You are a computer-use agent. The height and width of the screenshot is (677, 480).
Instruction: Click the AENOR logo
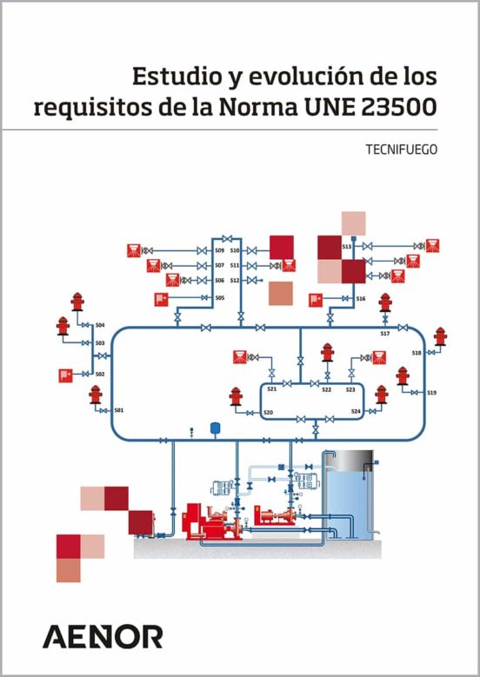103,636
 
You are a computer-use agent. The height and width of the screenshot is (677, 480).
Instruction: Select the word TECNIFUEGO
402,149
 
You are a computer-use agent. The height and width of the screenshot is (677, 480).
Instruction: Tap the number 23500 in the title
398,107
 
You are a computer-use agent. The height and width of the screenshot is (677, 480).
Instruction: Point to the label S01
119,410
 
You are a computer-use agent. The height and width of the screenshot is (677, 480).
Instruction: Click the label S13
346,247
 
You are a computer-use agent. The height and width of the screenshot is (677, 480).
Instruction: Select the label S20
269,413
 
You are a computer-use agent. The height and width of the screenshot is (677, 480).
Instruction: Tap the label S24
356,411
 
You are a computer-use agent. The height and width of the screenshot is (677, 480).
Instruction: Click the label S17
385,334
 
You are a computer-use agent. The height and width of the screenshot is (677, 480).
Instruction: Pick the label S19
431,393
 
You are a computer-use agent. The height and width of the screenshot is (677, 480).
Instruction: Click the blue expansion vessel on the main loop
215,428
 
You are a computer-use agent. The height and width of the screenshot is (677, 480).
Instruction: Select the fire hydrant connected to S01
96,395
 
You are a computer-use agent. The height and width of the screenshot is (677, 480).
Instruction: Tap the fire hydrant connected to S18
440,336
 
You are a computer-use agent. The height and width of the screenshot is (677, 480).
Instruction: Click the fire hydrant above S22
328,352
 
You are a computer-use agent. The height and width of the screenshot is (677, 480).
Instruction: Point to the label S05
220,297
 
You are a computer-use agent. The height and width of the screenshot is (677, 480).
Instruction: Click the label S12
235,280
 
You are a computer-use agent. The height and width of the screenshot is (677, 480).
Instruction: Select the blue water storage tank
349,495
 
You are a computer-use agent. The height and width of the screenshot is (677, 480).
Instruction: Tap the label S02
100,374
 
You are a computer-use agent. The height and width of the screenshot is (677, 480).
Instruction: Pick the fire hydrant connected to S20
236,396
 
